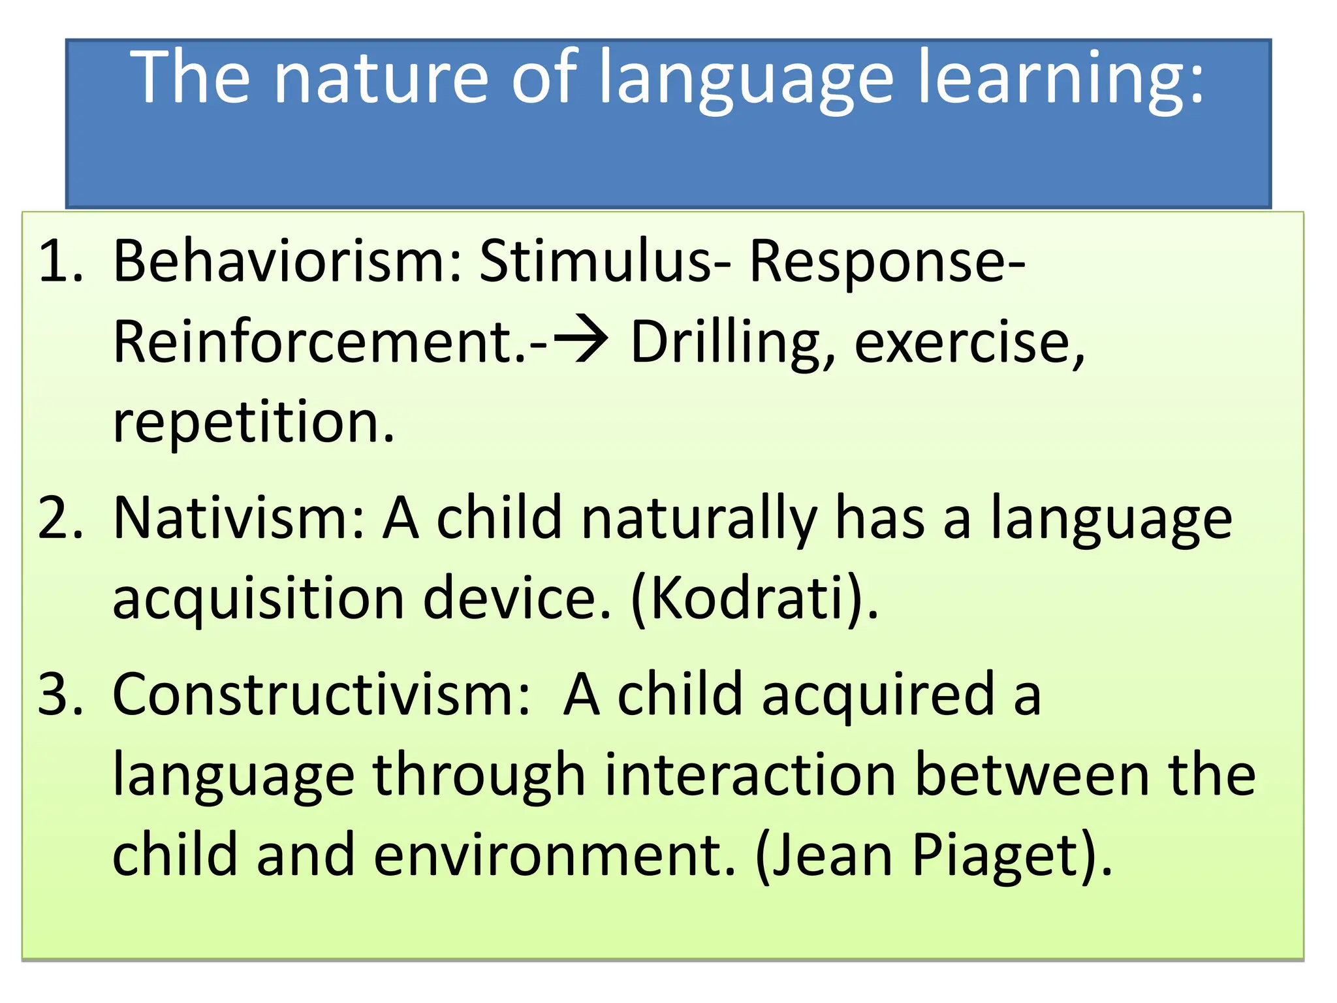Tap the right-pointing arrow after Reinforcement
coord(581,342)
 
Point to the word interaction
coord(750,775)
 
